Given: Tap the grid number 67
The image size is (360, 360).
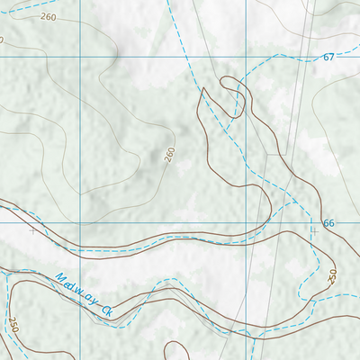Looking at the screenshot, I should coord(328,58).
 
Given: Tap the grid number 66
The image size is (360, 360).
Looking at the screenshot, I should coord(328,222).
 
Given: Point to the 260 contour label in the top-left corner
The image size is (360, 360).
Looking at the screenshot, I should coord(48,17).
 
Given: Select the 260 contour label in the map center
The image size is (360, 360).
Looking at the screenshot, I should coord(169,156).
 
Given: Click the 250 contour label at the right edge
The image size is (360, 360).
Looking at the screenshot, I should coord(331,274).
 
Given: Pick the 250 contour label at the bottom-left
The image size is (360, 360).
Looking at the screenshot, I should coord(13,324).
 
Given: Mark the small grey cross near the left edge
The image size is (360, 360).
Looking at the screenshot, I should coord(33,230).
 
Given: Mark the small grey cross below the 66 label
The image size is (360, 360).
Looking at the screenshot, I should coord(314,230).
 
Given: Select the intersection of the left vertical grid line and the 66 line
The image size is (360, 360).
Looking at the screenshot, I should coord(81,222).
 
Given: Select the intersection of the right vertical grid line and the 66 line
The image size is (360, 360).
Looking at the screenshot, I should coord(245,222).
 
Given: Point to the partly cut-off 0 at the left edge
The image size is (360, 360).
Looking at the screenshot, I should coord(2,40).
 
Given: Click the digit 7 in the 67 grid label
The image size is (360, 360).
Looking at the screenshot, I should coord(331,58).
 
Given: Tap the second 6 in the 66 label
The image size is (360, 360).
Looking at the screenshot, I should coord(331,222).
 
